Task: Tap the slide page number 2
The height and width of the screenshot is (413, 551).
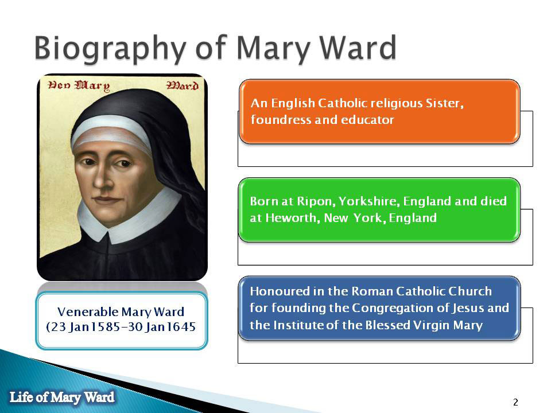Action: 515,402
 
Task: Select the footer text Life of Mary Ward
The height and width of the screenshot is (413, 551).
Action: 62,397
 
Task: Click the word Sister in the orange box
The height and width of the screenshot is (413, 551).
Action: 444,103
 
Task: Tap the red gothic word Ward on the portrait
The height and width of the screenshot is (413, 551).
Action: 183,85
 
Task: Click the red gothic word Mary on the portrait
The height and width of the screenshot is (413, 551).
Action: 92,85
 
